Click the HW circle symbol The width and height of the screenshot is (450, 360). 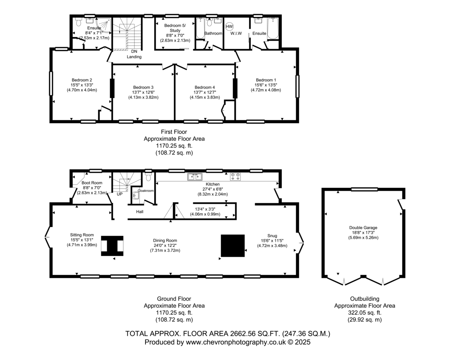(229, 27)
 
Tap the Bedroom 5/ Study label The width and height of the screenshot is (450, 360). (175, 28)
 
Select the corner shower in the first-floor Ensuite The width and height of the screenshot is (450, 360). (103, 25)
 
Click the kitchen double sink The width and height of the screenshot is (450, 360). (195, 177)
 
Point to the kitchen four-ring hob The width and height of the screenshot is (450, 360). (235, 177)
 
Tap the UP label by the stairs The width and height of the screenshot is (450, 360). (120, 194)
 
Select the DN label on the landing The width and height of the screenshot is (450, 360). (134, 51)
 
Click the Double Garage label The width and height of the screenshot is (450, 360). (363, 227)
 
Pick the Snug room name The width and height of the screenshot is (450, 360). (272, 236)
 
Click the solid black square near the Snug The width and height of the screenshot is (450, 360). (233, 246)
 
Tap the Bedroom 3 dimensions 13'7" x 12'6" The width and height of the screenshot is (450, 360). (143, 92)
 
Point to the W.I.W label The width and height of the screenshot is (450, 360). (236, 33)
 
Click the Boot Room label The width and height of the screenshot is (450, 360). (92, 183)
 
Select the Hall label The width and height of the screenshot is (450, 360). (139, 212)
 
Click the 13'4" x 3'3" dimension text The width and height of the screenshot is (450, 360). (205, 209)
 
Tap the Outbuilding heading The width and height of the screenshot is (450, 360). (364, 299)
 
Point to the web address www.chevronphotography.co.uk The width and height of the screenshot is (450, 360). (236, 342)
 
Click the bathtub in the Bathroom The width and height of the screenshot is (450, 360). (201, 28)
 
